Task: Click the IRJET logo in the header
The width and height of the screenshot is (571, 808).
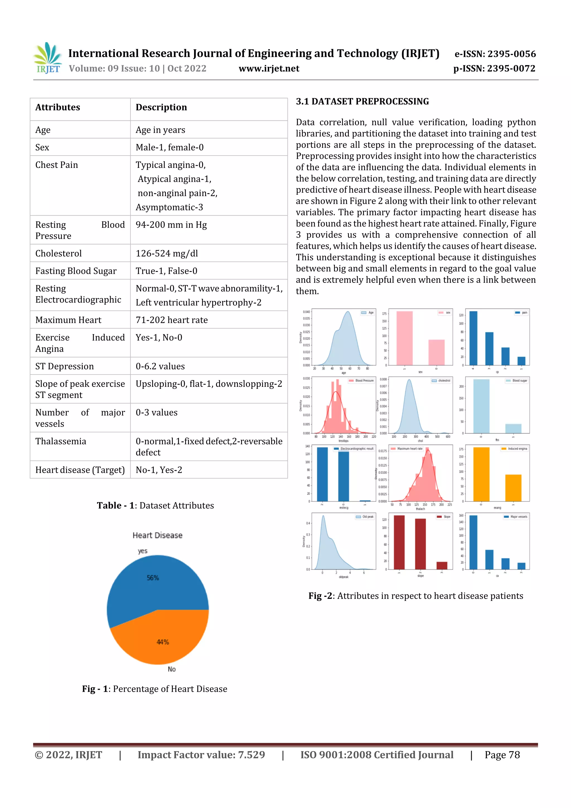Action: [x=47, y=58]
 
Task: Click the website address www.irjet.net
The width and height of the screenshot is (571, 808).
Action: [x=269, y=69]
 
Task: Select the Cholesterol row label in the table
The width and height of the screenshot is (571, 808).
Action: [x=58, y=253]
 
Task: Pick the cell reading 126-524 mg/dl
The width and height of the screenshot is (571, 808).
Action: [x=167, y=253]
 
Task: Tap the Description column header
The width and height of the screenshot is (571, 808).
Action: [x=161, y=107]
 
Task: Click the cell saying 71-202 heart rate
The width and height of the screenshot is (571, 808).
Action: [x=172, y=320]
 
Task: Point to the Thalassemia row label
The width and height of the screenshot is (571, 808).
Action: [x=61, y=441]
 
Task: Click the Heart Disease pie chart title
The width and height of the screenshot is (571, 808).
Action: [x=157, y=535]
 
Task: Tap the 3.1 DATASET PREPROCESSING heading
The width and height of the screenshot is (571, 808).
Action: [x=362, y=102]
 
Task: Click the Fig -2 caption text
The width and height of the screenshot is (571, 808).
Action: [x=415, y=596]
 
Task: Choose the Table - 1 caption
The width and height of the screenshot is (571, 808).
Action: [x=155, y=506]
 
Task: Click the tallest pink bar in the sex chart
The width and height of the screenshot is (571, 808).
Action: [x=404, y=338]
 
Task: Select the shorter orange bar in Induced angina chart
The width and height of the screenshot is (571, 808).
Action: [x=513, y=488]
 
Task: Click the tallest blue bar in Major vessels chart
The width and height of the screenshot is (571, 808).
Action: [x=473, y=542]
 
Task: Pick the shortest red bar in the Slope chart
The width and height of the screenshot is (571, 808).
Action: [x=442, y=565]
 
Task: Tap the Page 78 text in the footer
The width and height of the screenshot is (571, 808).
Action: [x=502, y=755]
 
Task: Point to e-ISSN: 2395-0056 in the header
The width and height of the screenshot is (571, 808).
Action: [x=495, y=54]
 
